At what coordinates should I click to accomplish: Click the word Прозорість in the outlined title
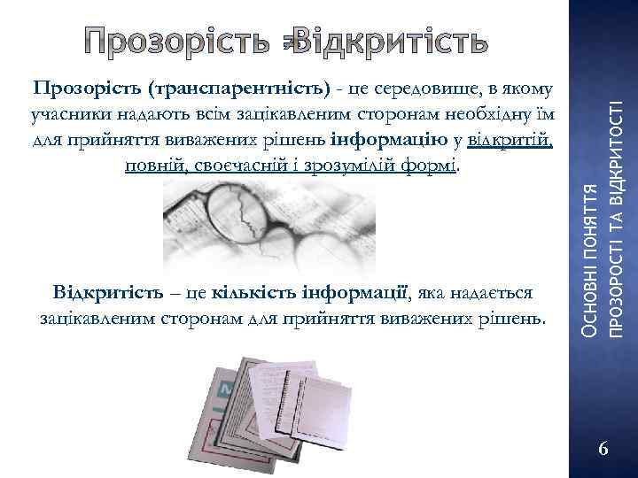[181, 41]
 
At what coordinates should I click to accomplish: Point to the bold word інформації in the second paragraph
[354, 291]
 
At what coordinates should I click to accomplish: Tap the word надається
[494, 291]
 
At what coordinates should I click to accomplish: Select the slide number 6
[603, 449]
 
